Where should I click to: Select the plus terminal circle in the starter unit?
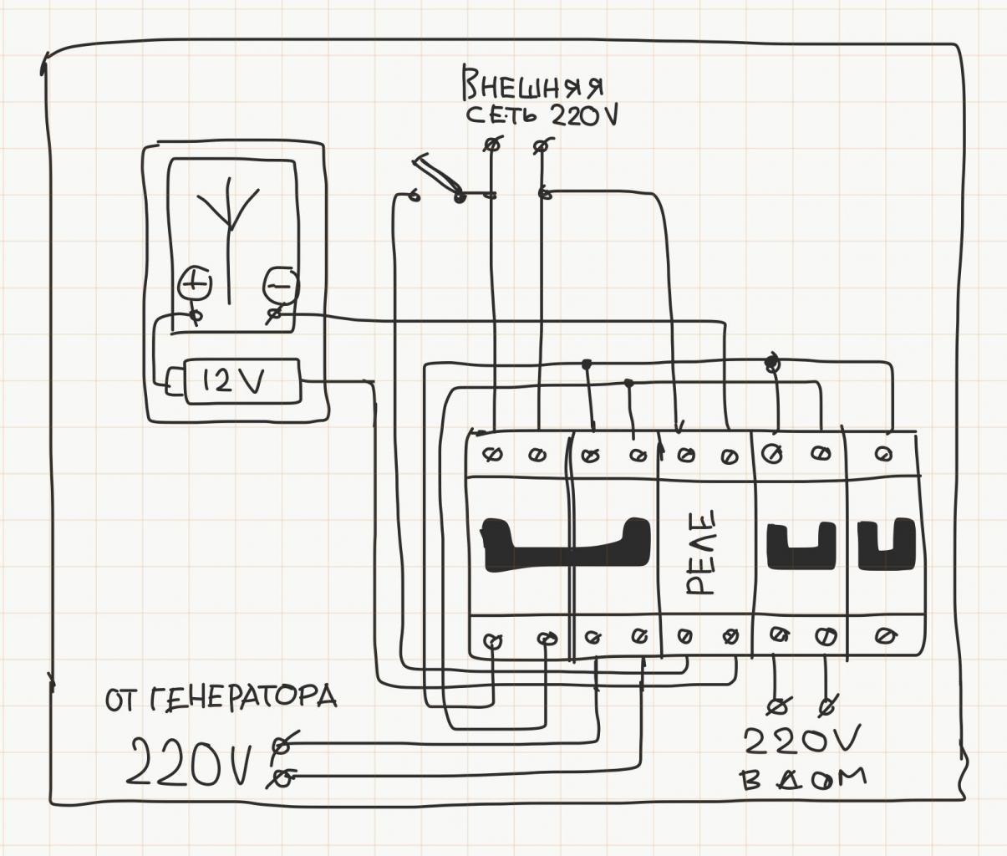tap(195, 283)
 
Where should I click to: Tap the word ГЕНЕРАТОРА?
tap(243, 696)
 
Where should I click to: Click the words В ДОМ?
tap(802, 779)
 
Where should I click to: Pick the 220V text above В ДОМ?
tap(801, 741)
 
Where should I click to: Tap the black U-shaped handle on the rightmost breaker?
tap(887, 545)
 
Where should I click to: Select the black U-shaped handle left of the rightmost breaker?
tap(801, 545)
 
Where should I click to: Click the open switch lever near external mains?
tap(435, 173)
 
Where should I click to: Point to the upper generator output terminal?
tap(284, 742)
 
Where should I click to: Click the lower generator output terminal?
tap(283, 779)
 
